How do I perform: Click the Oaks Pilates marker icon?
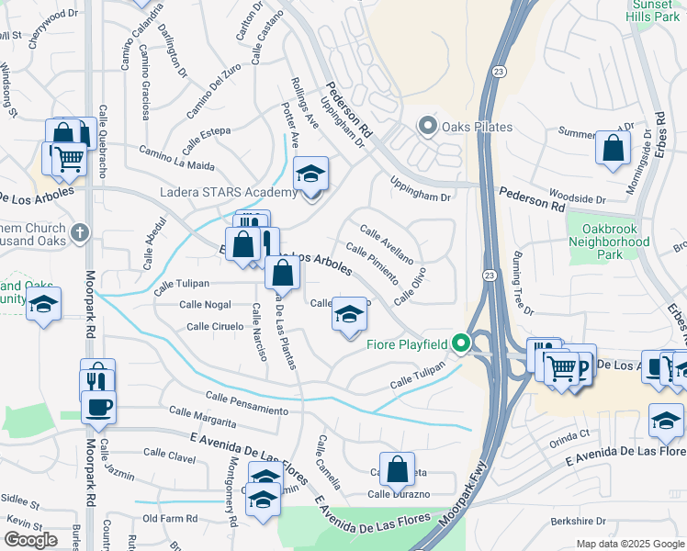point(427,126)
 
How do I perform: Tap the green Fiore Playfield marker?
point(462,344)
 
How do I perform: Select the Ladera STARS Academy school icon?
point(310,173)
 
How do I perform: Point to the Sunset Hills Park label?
point(653,10)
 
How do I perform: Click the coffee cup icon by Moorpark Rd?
point(98,406)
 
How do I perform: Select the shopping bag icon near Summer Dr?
point(613,147)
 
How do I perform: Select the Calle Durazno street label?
point(399,494)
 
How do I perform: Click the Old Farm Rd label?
point(173,518)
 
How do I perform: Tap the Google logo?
point(30,540)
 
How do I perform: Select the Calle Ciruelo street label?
point(214,326)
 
